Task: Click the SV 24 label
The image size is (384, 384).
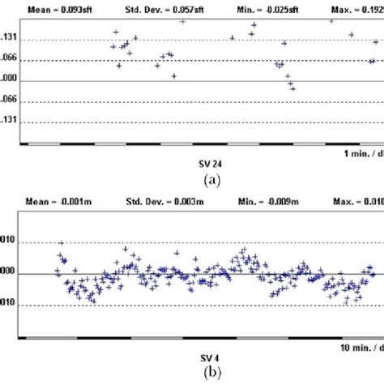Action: coord(209,163)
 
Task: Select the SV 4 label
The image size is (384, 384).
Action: coord(209,356)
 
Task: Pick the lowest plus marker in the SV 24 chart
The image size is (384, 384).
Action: coord(292,88)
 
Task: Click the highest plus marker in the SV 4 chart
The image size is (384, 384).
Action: coord(62,243)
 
